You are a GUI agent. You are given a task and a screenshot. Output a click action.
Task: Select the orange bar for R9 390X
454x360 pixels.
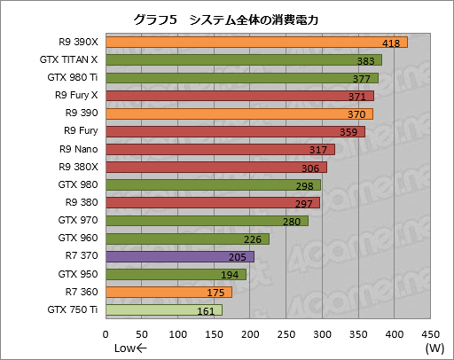[x=256, y=42]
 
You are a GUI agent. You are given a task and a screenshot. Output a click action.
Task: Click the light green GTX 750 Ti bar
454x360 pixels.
[x=163, y=310]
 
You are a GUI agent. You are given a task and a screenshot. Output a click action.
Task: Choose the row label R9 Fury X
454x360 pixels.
[x=76, y=95]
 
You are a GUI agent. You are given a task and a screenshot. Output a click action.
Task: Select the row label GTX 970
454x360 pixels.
[x=78, y=221]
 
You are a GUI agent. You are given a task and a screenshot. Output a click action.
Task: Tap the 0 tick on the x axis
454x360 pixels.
[x=106, y=333]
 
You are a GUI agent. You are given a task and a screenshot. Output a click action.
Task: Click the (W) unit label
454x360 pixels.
[x=434, y=348]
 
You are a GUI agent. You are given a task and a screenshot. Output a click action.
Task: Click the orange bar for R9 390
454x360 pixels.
[x=239, y=113]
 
